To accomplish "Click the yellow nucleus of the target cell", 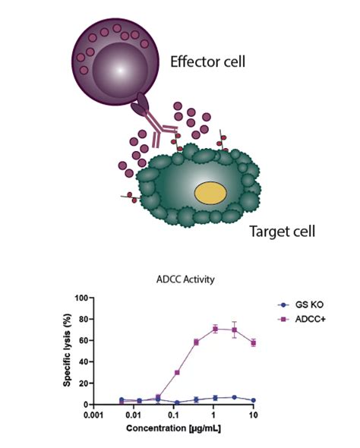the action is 210,193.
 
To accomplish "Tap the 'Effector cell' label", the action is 207,62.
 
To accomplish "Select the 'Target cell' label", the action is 283,231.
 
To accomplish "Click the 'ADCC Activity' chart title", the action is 185,279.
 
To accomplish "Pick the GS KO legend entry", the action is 301,304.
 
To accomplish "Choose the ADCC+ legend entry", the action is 302,319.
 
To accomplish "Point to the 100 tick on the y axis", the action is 81,298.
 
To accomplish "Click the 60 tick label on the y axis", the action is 84,340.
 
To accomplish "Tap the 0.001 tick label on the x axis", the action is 93,415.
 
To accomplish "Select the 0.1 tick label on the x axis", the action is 173,415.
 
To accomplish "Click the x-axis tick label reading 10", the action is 253,415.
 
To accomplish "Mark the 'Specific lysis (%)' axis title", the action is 67,350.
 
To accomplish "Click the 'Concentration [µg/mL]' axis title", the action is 174,428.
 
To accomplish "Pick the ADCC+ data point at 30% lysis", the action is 177,373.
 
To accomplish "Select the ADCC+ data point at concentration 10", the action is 254,343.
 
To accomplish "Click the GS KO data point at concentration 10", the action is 254,400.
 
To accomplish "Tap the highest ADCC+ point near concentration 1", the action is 216,329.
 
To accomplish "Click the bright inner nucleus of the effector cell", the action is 120,71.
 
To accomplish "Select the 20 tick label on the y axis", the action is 84,383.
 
